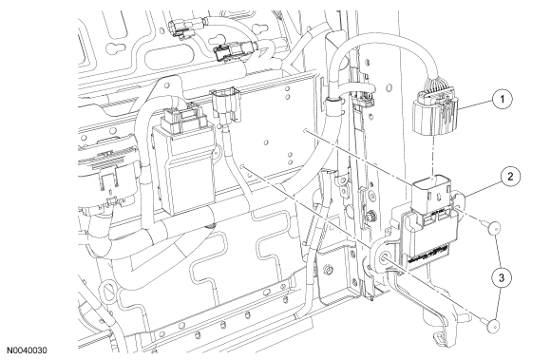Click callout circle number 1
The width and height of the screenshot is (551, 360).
pos(503,100)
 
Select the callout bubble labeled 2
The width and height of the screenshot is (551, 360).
pos(510,177)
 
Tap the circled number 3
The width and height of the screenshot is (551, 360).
pos(502,277)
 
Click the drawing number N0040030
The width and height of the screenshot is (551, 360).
pos(27,351)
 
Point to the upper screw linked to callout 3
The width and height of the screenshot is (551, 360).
pos(493,228)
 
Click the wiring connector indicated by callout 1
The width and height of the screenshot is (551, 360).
pos(436,110)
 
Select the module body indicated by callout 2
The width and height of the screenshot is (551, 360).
pos(427,238)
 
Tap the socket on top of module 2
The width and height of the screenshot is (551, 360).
pos(431,195)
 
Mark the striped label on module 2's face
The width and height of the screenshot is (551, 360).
pos(428,255)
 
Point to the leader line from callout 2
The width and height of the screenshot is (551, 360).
pos(484,190)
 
